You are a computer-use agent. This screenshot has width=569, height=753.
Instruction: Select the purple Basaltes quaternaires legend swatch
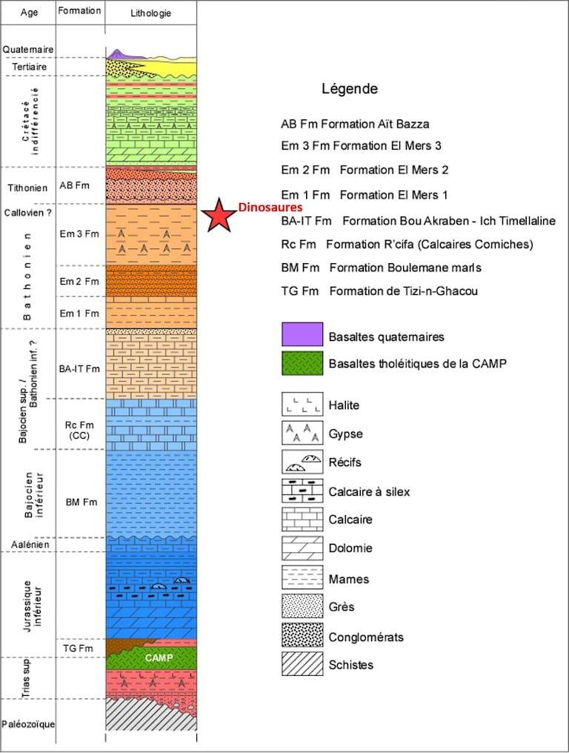[x=302, y=336]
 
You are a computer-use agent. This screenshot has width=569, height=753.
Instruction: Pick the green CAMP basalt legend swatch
[x=302, y=363]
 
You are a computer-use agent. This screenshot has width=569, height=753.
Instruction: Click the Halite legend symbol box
[x=302, y=405]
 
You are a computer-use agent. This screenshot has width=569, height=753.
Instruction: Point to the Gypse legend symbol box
[x=302, y=434]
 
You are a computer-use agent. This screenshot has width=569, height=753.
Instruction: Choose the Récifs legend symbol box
[x=302, y=462]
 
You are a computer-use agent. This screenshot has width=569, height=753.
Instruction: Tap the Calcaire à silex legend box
[x=302, y=491]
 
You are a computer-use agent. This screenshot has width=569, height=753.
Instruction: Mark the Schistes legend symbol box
[x=302, y=664]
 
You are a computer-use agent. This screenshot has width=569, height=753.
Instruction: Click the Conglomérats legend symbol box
[x=302, y=636]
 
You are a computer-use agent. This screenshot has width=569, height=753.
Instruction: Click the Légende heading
[x=349, y=89]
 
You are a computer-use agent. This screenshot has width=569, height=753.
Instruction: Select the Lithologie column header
[x=151, y=13]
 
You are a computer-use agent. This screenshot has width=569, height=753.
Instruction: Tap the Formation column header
[x=79, y=11]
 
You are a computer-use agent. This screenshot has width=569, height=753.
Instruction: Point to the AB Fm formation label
[x=76, y=185]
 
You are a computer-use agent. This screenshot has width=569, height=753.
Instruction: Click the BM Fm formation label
[x=81, y=502]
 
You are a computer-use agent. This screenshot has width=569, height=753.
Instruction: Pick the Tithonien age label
[x=26, y=187]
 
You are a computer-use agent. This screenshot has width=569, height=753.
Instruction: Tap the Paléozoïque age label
[x=29, y=724]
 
